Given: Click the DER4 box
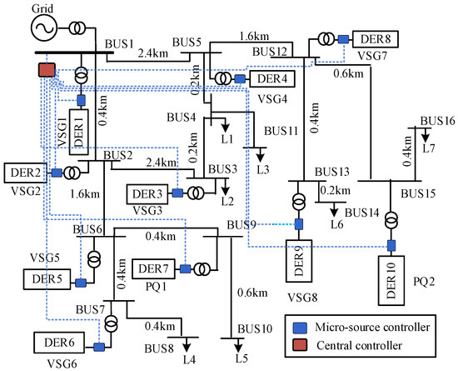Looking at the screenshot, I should [269, 78].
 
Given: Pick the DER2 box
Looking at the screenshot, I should [22, 172].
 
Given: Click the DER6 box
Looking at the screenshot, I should [58, 342].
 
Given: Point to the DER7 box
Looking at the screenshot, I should [154, 269].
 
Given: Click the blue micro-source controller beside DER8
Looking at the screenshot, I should [342, 38].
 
